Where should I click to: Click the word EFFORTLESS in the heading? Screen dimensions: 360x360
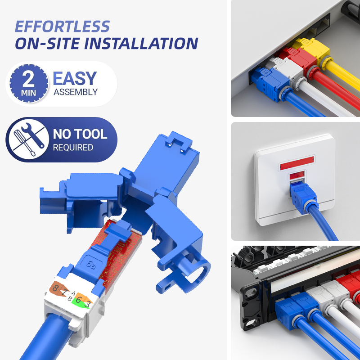(62, 27)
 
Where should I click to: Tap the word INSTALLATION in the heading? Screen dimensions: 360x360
(141, 43)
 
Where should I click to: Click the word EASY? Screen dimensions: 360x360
(75, 78)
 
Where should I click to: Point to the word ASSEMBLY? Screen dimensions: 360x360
(76, 92)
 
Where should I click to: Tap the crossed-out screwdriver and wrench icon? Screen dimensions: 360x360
(29, 139)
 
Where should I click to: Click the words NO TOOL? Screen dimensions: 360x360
(80, 134)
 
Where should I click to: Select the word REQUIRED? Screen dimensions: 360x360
(73, 148)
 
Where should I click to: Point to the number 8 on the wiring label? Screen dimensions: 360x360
(54, 288)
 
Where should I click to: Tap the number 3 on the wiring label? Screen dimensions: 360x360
(87, 304)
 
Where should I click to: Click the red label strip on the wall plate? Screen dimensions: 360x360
(297, 163)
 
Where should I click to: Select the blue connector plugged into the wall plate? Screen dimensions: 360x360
(303, 196)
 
